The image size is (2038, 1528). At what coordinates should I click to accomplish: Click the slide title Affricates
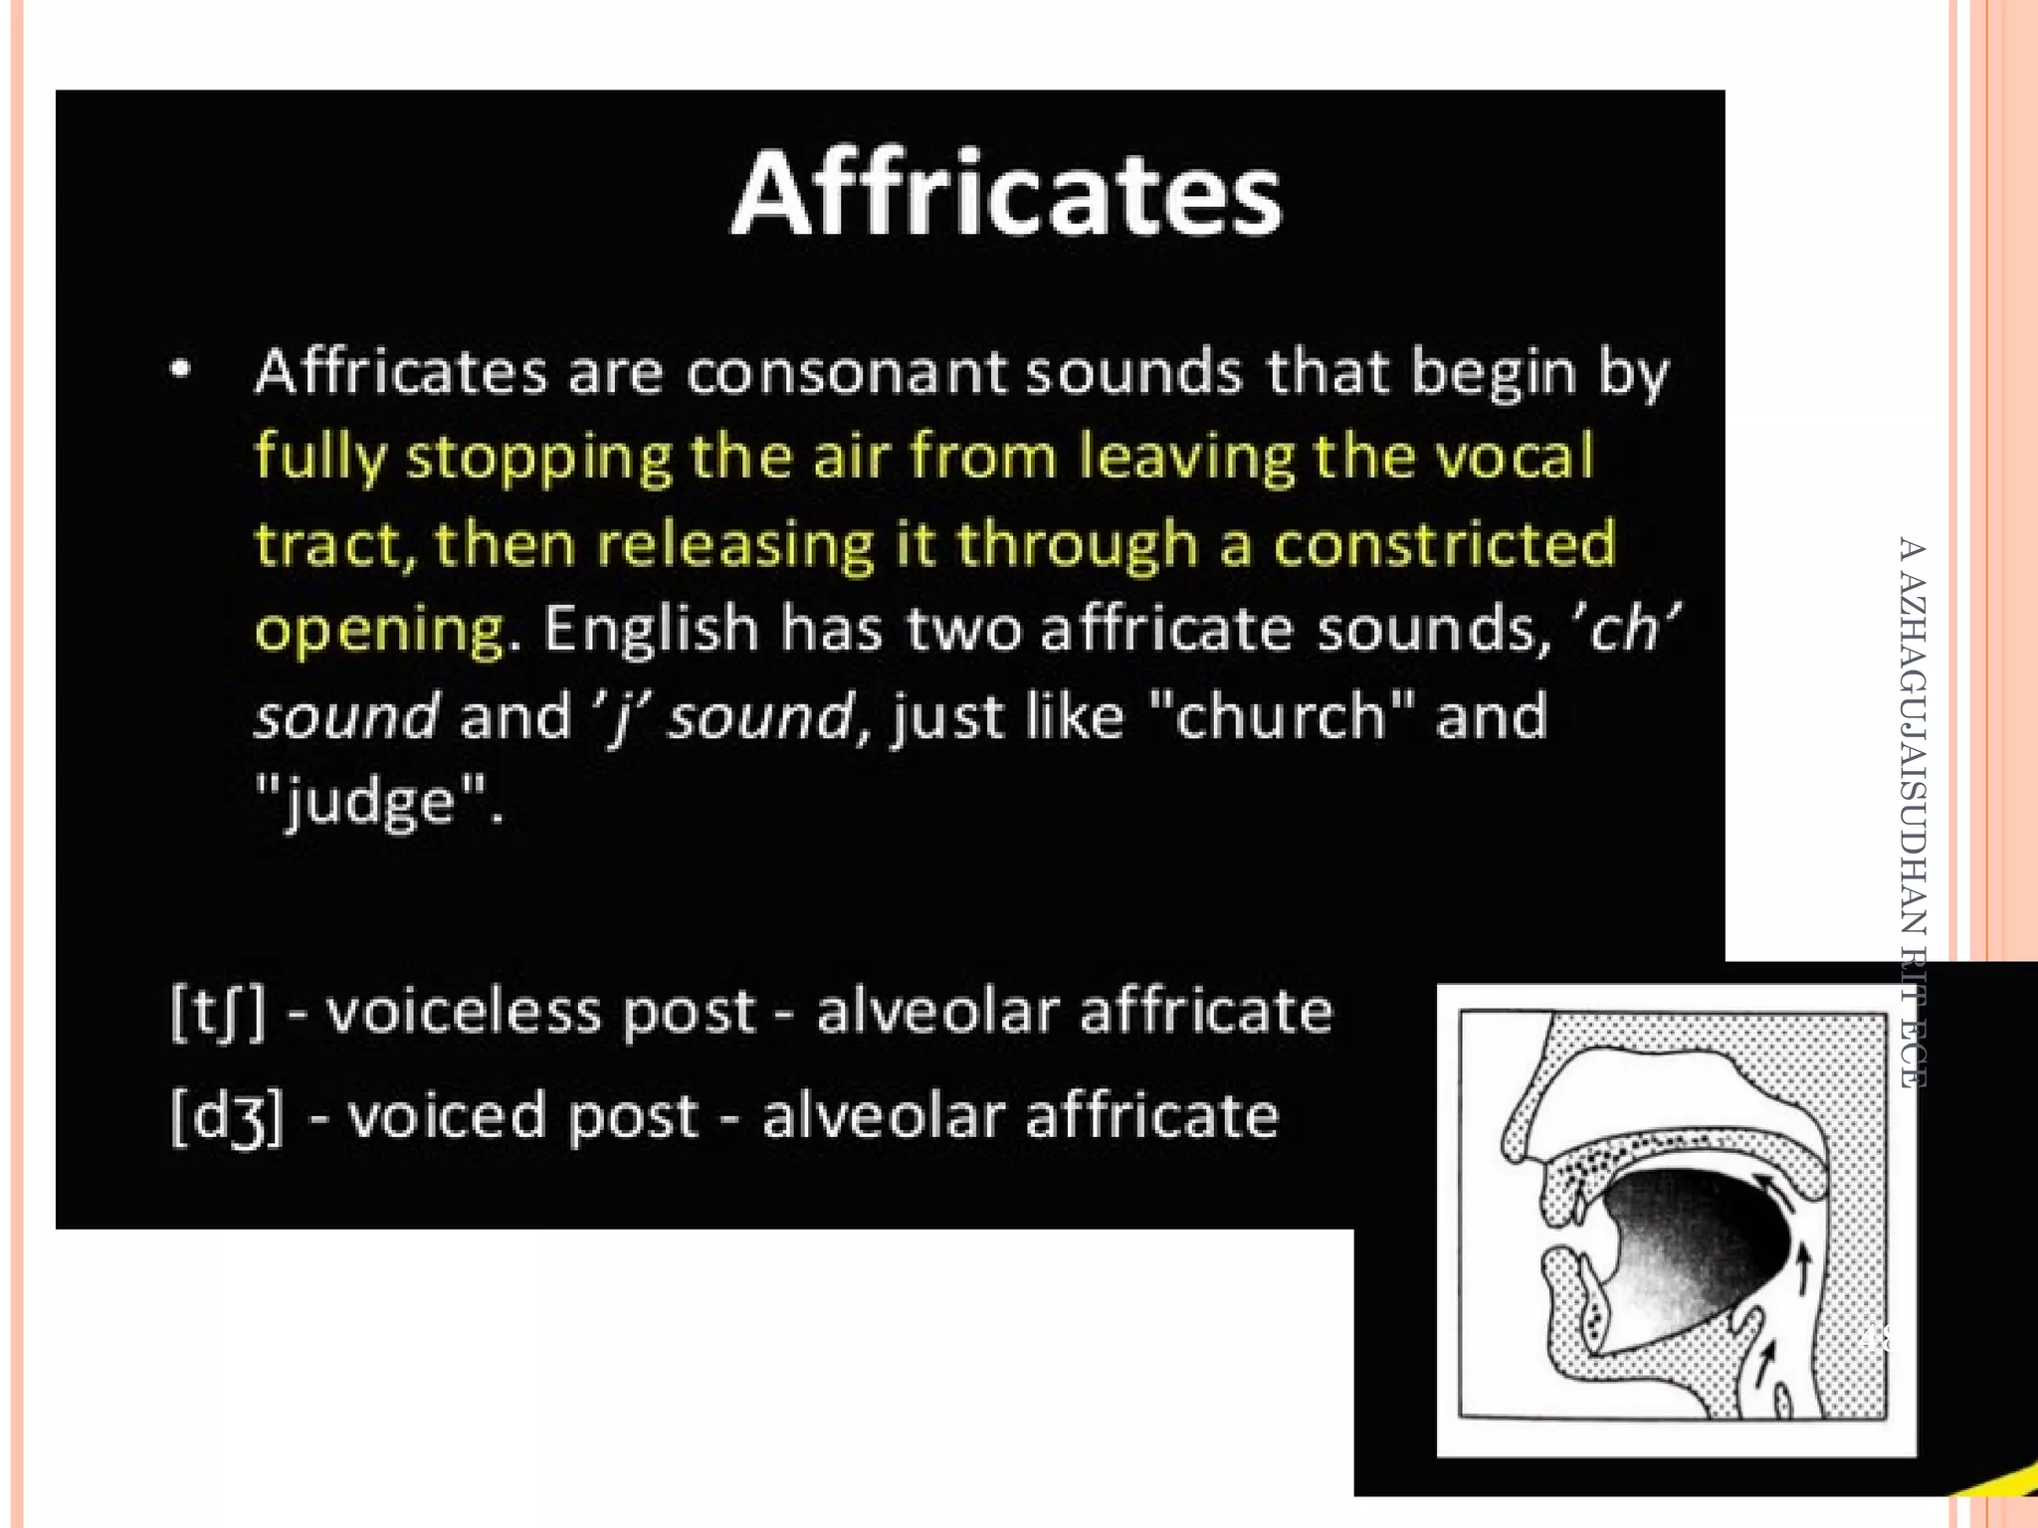click(x=1007, y=194)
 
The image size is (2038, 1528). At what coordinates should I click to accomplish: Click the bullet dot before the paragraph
click(x=180, y=370)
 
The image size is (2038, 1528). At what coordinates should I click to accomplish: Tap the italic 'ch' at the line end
click(x=1623, y=629)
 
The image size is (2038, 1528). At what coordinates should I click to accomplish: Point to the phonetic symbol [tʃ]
click(x=218, y=1012)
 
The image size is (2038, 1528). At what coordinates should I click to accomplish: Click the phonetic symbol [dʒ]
click(x=227, y=1117)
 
